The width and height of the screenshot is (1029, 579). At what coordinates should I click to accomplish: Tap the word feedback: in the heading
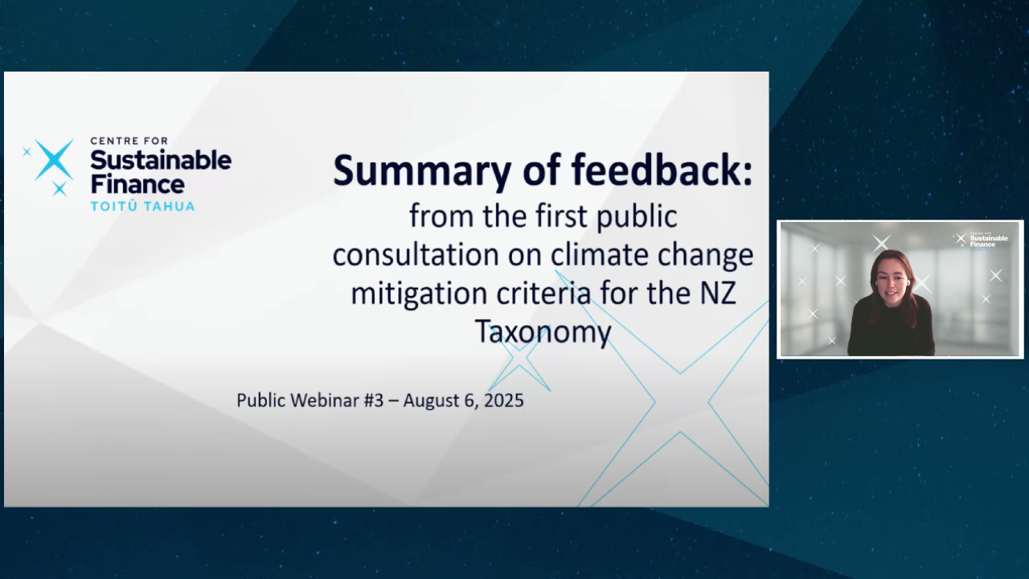click(x=662, y=170)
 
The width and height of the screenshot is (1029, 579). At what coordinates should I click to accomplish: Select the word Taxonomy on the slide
click(x=543, y=332)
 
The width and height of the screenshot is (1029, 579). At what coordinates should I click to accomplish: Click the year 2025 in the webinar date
click(x=504, y=400)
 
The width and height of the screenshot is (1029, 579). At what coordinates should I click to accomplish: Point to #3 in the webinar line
click(x=374, y=400)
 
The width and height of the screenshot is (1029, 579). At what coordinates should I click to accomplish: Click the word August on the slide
click(x=431, y=401)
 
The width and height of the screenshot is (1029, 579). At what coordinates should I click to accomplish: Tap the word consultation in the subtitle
click(x=416, y=255)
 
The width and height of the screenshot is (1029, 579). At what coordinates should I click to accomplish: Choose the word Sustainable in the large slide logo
click(x=161, y=160)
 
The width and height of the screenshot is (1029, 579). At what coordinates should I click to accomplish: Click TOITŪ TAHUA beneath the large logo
click(x=142, y=206)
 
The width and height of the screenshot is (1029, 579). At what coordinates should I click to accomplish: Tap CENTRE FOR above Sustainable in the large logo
click(x=129, y=141)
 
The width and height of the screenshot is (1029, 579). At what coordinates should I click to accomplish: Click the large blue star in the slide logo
click(x=54, y=159)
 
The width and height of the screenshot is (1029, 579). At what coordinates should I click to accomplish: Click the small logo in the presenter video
click(x=982, y=240)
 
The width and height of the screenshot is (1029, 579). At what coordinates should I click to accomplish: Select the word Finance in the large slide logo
click(x=137, y=184)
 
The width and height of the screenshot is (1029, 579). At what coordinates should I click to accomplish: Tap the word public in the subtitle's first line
click(x=637, y=217)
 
